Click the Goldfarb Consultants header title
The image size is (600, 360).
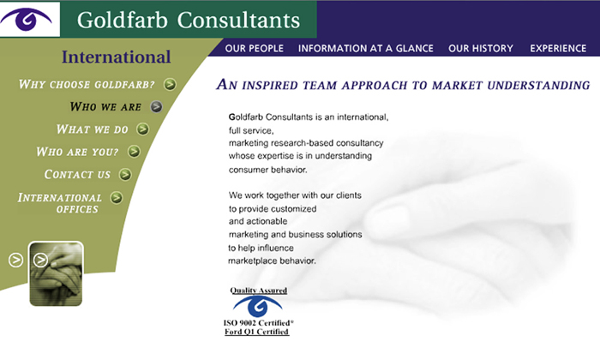189,19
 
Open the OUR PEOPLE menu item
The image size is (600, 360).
254,49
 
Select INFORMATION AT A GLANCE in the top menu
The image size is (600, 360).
366,49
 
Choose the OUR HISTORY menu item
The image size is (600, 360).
480,49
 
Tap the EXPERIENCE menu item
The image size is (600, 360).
558,49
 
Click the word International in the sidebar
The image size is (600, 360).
117,58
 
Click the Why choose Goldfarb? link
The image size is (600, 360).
87,84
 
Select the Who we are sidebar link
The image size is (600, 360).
105,107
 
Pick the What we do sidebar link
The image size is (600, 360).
92,129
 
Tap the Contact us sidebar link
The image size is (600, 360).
77,175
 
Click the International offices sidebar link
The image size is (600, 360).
60,203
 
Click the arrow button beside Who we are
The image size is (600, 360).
156,107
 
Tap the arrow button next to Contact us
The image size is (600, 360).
125,175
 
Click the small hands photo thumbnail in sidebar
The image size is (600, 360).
57,273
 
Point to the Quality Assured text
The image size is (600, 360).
258,291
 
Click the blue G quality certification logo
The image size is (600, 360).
258,306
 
